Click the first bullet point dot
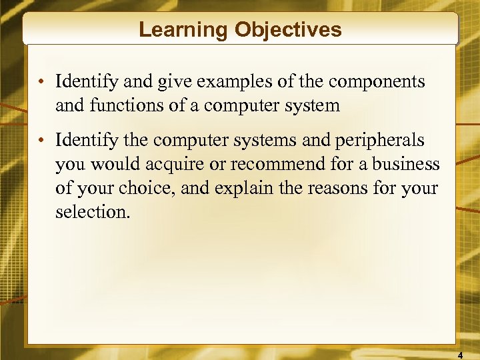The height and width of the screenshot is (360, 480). [41, 83]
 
